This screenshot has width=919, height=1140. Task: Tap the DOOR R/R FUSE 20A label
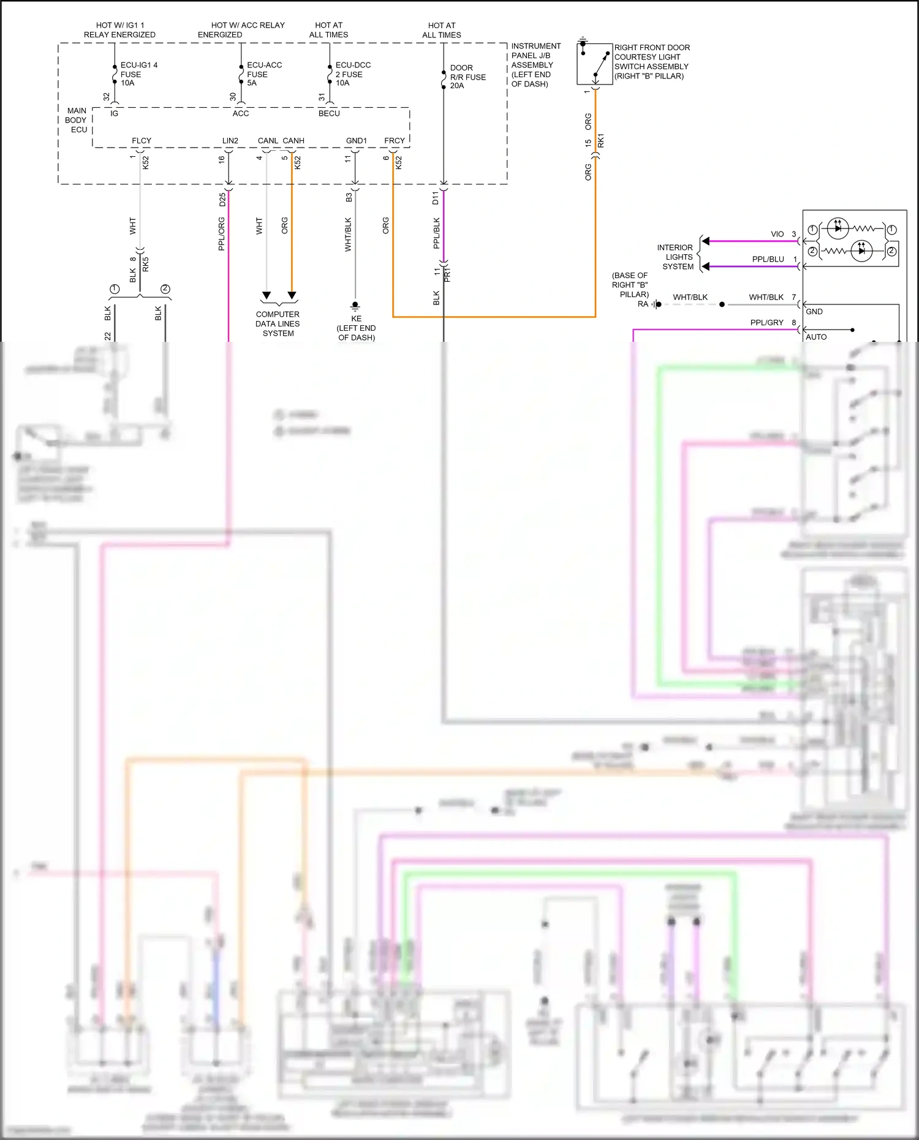point(467,77)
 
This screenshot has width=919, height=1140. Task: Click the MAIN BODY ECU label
point(77,120)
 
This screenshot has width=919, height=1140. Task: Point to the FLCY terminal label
point(142,140)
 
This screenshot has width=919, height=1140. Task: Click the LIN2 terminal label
point(230,140)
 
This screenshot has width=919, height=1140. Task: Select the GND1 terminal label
point(357,140)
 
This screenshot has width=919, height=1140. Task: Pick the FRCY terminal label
point(395,140)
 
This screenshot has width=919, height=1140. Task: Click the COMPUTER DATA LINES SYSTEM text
point(278,323)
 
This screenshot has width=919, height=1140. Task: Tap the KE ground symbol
point(355,306)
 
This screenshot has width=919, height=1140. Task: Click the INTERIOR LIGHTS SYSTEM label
point(676,257)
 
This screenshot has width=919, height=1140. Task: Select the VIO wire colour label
point(777,234)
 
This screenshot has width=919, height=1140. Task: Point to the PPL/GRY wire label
point(766,322)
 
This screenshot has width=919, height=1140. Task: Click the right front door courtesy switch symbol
point(594,64)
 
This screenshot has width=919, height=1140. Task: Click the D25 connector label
point(223,199)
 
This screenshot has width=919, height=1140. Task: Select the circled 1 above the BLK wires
point(115,289)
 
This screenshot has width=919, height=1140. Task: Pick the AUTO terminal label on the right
point(816,337)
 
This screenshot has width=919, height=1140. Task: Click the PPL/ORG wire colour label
point(222,233)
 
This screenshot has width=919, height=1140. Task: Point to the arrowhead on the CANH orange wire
point(292,296)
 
